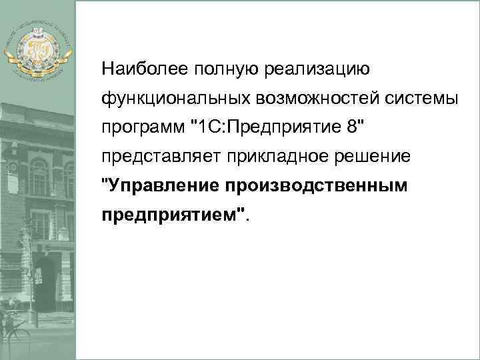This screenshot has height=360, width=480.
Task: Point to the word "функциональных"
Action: [x=169, y=98]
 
